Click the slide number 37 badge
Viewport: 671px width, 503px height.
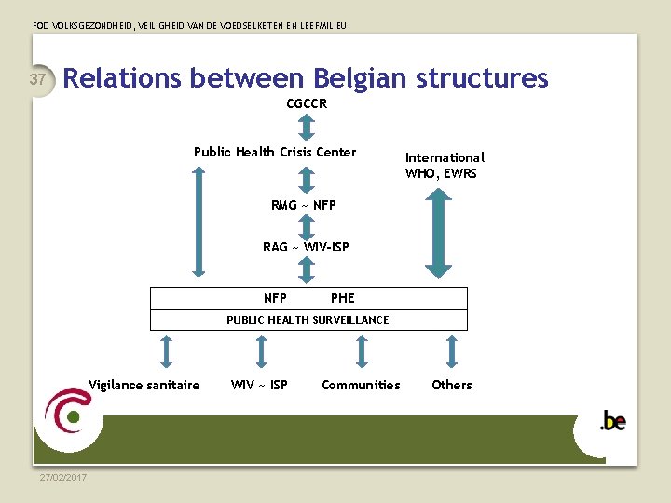coord(38,80)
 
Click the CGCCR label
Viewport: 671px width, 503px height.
coord(307,103)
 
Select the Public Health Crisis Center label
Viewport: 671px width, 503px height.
coord(275,152)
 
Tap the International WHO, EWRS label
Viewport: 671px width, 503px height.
coord(445,165)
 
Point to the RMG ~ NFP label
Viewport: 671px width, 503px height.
coord(304,204)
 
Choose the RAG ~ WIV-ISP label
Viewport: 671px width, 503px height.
coord(306,247)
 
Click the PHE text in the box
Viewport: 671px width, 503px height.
coord(342,298)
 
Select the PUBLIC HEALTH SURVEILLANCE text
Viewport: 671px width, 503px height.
coord(308,320)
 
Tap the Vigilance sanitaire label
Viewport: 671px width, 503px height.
coord(144,385)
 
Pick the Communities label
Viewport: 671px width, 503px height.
coord(361,385)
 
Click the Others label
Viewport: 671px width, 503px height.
coord(452,385)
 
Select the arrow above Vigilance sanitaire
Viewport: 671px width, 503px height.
coord(166,351)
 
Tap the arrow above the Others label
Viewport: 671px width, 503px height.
coord(452,351)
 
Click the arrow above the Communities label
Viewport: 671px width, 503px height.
coord(362,351)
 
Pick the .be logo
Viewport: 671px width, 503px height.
coord(612,421)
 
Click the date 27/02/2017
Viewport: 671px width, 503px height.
coord(63,478)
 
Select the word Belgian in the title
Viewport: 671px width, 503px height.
coord(360,77)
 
